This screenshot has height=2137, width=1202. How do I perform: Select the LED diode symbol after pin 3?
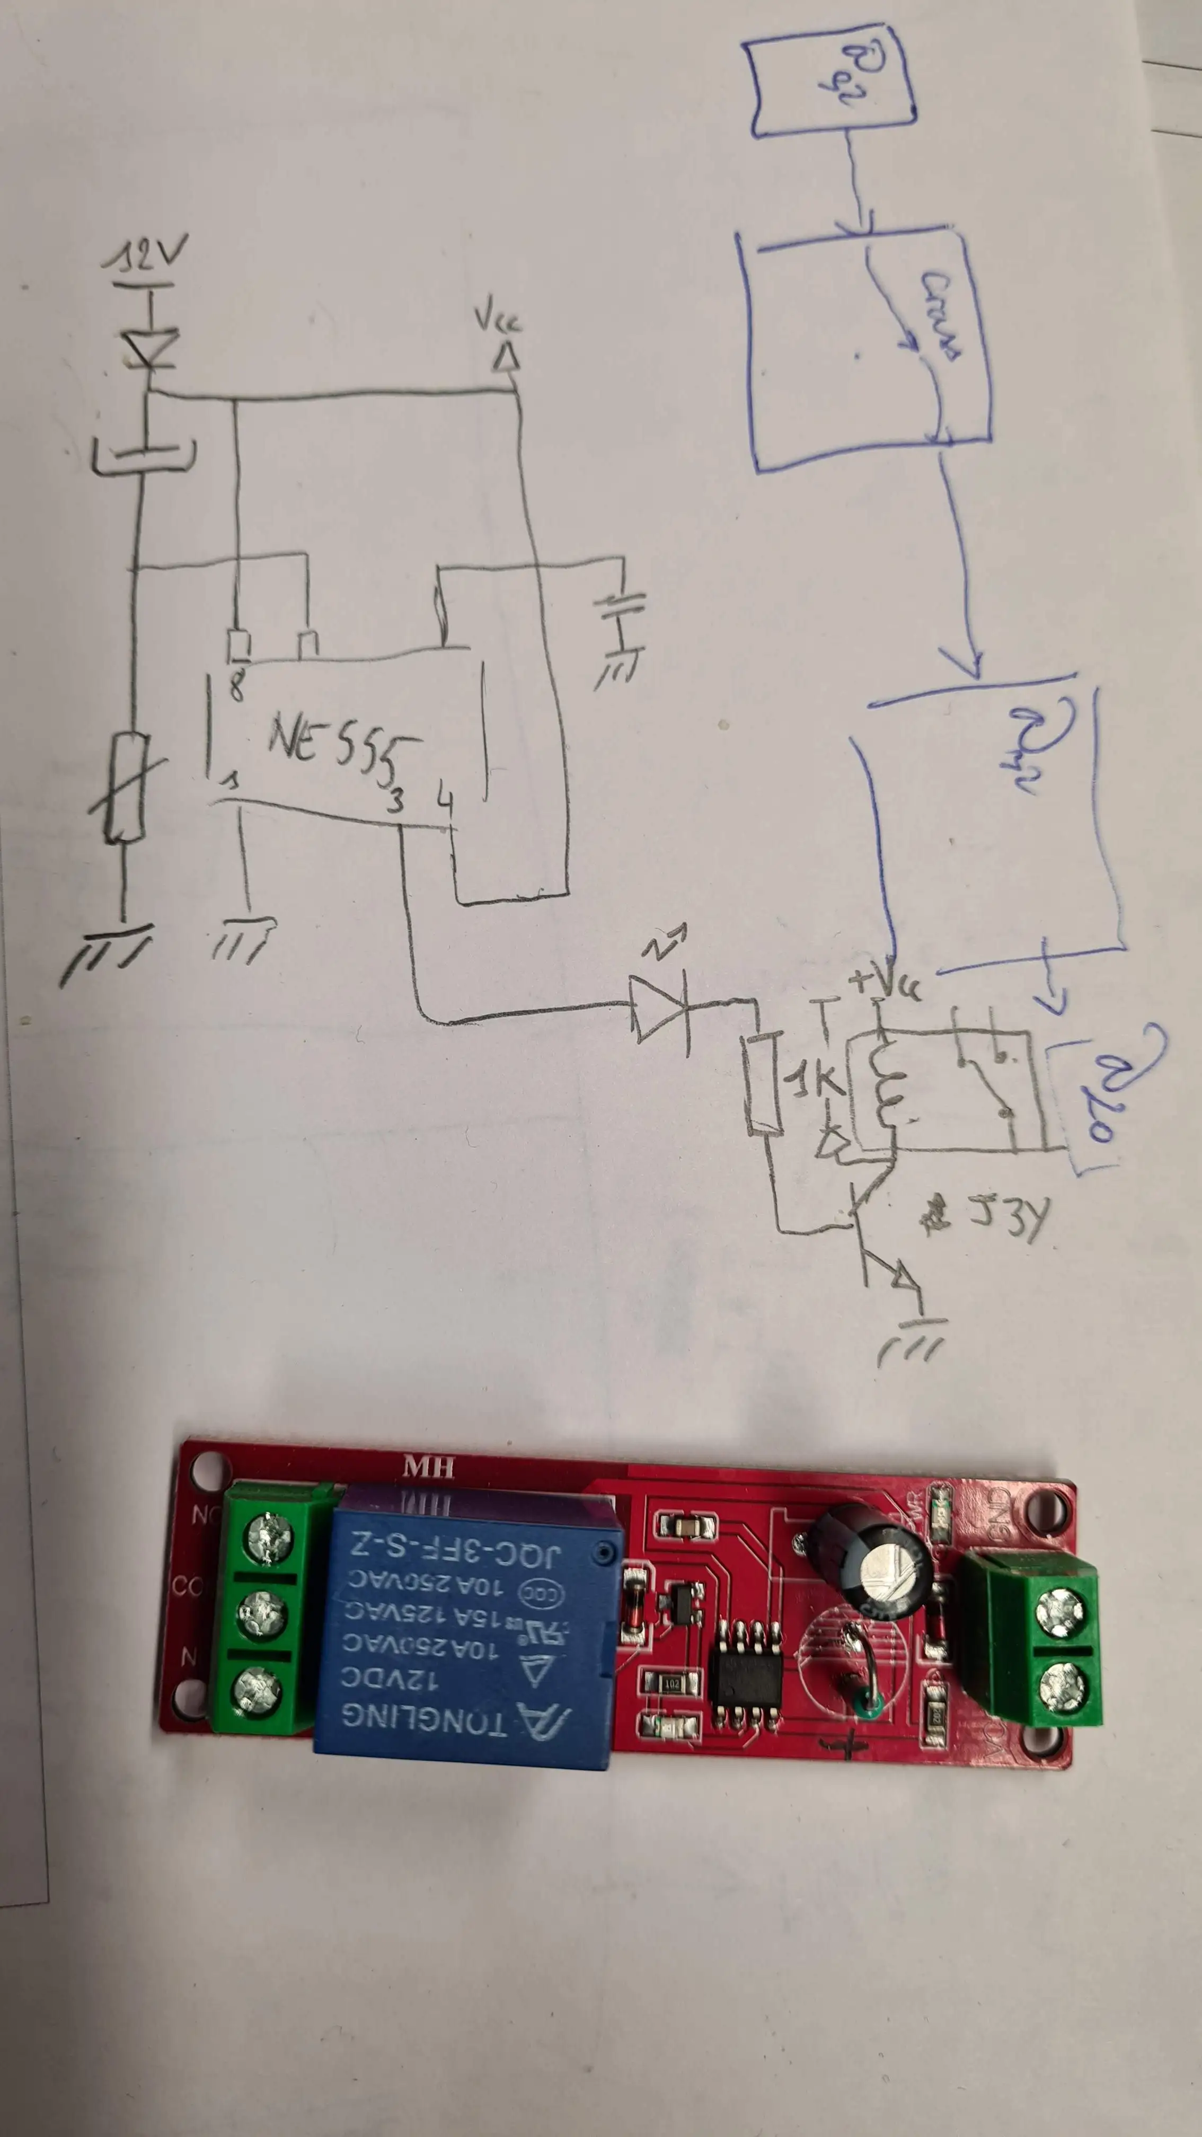[659, 1007]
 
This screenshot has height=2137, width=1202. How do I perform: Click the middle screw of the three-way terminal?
[263, 1613]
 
